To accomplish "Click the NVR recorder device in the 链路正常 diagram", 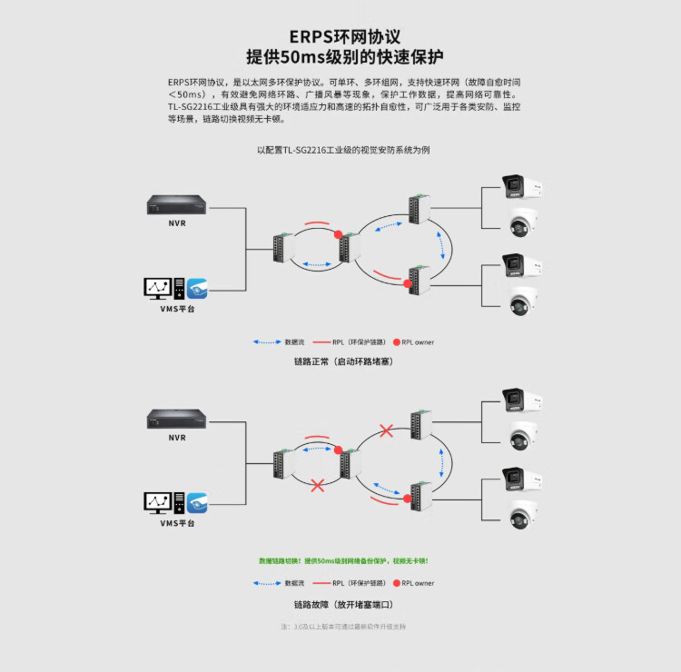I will click(x=176, y=207).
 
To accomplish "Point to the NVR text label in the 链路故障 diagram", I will click(x=176, y=437).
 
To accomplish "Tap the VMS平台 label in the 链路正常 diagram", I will click(x=176, y=310).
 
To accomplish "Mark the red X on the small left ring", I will click(x=319, y=485).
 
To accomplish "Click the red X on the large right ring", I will click(x=386, y=430).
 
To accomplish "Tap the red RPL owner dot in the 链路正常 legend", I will click(x=397, y=342).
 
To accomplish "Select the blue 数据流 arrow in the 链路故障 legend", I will click(x=267, y=583).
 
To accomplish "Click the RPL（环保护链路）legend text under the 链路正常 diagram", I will click(x=356, y=342).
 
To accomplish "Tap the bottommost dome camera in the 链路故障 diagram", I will click(x=522, y=514).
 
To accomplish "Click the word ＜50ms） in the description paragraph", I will click(x=192, y=94).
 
